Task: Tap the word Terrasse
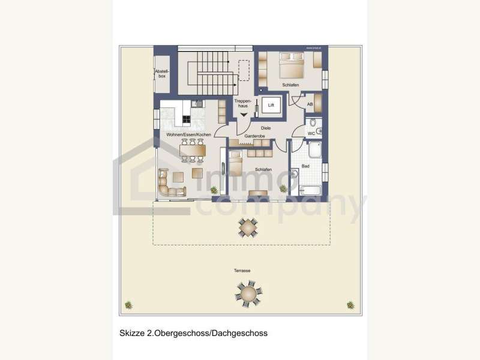coord(242,271)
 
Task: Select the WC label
coord(310,133)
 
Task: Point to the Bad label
coord(305,166)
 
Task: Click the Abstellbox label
coord(161,74)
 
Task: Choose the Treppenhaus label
coord(242,103)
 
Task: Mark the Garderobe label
coord(255,137)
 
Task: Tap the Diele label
coord(266,128)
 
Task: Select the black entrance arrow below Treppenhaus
coord(244,116)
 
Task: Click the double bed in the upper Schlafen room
coord(292,62)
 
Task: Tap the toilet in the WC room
coord(319,131)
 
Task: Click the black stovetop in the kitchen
coord(186,119)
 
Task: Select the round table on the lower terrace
coord(248,294)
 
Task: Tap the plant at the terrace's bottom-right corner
coord(350,305)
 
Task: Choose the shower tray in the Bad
coord(315,149)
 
